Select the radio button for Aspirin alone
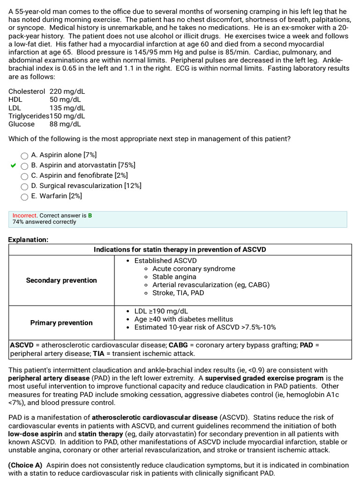(24, 156)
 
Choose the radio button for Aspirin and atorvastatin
(24, 166)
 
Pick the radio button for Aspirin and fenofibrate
(24, 176)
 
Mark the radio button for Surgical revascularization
(24, 187)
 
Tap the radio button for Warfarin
(24, 197)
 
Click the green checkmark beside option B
(13, 165)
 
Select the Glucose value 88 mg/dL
(65, 124)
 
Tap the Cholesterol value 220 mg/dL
(67, 92)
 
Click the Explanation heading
(28, 240)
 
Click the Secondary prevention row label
(61, 280)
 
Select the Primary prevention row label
(61, 322)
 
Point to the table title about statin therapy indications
(180, 249)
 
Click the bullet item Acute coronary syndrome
(194, 269)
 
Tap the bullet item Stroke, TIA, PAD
(178, 293)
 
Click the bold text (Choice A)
(25, 465)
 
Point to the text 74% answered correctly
(44, 222)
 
